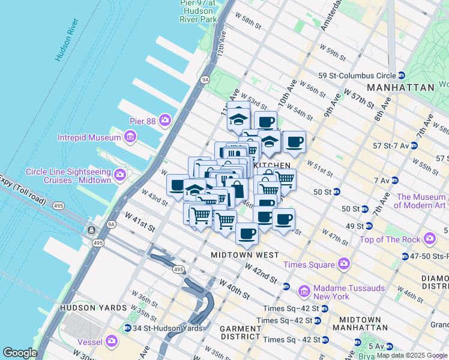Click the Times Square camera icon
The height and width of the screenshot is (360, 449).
(x=344, y=263)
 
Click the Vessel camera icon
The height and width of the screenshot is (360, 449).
(x=112, y=342)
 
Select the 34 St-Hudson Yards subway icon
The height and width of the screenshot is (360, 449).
(x=128, y=328)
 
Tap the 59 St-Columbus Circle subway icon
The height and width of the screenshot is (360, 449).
(x=401, y=76)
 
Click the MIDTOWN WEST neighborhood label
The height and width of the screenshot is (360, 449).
(x=244, y=255)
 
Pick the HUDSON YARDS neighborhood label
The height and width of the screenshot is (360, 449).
(x=93, y=308)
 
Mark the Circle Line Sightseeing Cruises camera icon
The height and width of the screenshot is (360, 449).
(x=120, y=175)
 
